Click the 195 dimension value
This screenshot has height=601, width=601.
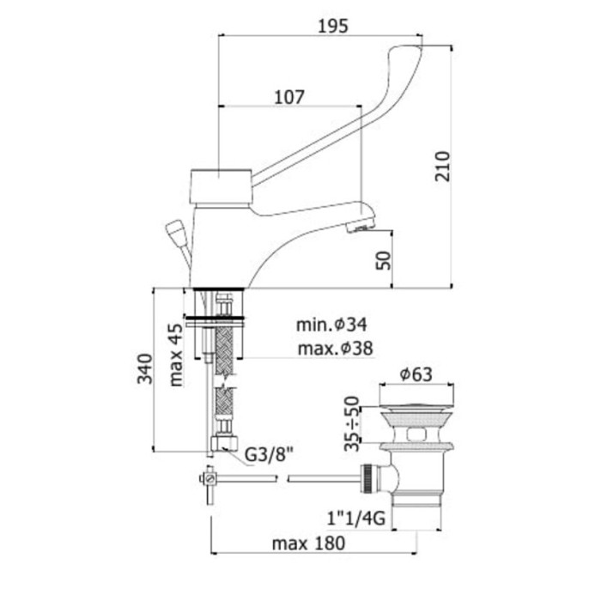tap(333, 26)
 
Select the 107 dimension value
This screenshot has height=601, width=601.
tap(290, 97)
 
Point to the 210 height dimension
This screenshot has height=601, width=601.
tap(443, 167)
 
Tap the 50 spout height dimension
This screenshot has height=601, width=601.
tap(384, 261)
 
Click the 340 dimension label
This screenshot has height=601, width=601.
tap(145, 368)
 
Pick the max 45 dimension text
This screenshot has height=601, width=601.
tap(176, 355)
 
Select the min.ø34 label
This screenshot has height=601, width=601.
tap(331, 325)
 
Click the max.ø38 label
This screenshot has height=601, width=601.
tap(336, 349)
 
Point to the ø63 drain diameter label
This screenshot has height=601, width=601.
tap(416, 374)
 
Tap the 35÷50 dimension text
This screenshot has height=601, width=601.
tap(352, 424)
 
